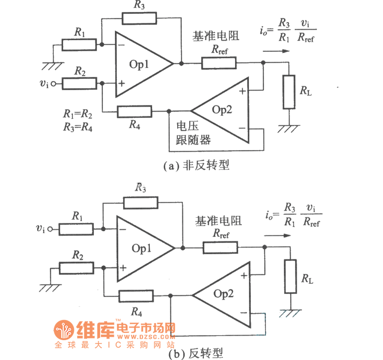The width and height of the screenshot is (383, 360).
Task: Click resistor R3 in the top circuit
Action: pyautogui.click(x=139, y=18)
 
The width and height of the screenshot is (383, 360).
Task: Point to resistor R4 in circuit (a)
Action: pyautogui.click(x=135, y=112)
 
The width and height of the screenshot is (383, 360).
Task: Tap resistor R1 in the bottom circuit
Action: pyautogui.click(x=77, y=229)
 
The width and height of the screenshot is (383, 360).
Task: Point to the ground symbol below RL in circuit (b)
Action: pyautogui.click(x=290, y=312)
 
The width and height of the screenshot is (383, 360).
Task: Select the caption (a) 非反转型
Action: pyautogui.click(x=196, y=166)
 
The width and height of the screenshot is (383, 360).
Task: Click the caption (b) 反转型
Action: pyautogui.click(x=196, y=354)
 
